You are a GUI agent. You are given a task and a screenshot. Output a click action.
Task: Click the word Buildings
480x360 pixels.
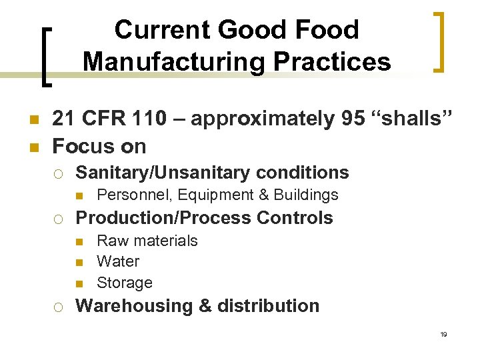pos(309,195)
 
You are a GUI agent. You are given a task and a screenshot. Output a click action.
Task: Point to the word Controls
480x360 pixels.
pos(295,218)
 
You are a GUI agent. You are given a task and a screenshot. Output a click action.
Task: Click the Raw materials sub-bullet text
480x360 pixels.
pos(147,240)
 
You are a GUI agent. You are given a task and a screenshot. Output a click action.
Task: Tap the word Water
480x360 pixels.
pos(118,261)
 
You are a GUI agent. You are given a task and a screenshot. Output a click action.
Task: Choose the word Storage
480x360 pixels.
pos(125,283)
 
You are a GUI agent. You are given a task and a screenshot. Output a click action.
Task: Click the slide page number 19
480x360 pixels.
pos(443,334)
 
